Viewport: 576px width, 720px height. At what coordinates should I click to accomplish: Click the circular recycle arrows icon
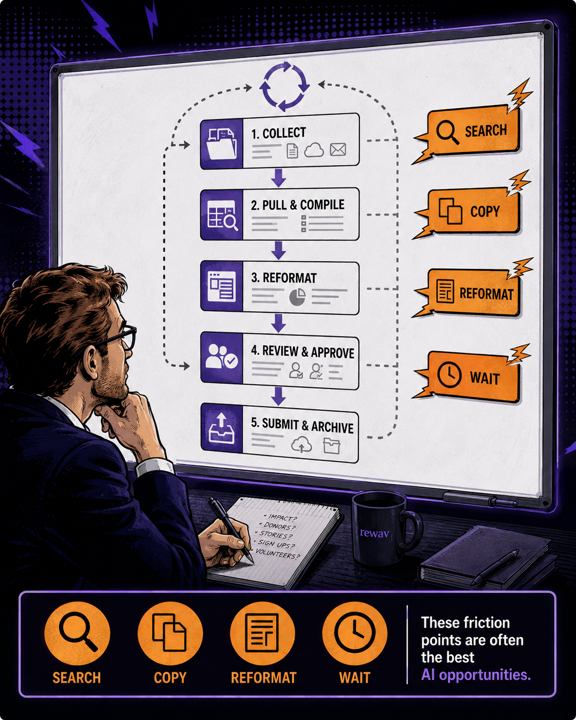[284, 86]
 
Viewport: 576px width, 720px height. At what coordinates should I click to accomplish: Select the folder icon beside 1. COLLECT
[222, 144]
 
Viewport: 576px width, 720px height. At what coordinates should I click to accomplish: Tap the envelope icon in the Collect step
[338, 149]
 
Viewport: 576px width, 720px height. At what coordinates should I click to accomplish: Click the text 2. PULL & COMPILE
[298, 205]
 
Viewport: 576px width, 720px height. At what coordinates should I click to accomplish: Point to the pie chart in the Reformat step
[297, 296]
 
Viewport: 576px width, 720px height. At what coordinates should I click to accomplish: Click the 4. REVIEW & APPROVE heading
[303, 352]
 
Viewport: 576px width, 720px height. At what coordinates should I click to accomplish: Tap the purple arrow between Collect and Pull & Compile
[278, 177]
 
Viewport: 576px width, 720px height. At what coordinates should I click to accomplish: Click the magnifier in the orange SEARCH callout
[448, 132]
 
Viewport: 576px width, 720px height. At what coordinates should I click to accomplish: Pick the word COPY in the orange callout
[485, 212]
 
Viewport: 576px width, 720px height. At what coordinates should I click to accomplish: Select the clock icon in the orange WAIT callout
[449, 375]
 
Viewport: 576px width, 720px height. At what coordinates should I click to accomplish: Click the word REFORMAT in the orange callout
[486, 294]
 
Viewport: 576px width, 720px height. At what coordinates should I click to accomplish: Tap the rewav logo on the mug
[375, 533]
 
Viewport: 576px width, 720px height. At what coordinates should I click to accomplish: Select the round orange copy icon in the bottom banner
[170, 633]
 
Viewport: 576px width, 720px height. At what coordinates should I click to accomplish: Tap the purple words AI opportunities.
[476, 675]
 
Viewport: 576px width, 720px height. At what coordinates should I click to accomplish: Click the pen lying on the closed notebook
[495, 567]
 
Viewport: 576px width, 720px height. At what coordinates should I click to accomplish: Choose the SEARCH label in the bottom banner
[76, 677]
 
